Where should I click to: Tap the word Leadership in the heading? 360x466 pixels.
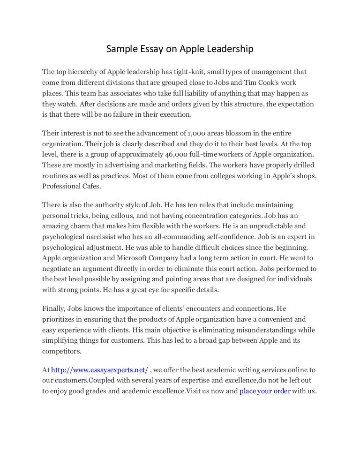coord(230,49)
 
